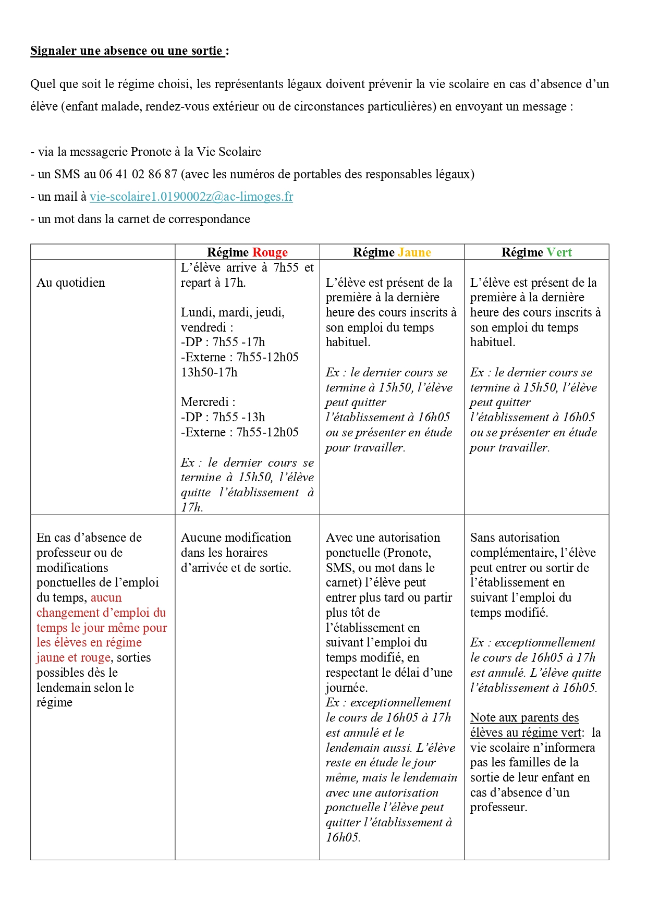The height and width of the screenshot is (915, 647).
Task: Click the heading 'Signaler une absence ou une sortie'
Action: coord(127,51)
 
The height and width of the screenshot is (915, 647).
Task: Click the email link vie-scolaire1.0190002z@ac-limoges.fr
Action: coord(191,197)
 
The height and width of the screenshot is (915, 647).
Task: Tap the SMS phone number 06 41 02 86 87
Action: coord(138,174)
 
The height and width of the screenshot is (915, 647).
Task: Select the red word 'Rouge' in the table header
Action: coord(270,252)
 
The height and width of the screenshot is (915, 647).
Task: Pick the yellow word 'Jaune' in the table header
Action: coord(414,252)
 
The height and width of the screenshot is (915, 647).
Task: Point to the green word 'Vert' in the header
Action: coord(559,252)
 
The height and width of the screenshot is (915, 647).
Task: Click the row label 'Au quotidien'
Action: coord(71,283)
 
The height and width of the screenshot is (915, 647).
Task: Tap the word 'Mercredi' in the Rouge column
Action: coord(205,402)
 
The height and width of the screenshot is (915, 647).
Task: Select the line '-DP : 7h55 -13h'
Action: coord(223,417)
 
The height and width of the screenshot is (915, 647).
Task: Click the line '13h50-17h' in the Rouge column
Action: coord(209,372)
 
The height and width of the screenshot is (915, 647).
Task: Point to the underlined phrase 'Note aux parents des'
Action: coord(524,717)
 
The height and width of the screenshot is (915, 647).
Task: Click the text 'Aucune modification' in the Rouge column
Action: coord(236,538)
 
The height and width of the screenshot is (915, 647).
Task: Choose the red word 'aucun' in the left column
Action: coord(106,597)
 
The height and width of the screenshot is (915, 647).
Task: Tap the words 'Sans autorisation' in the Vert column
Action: coord(515,538)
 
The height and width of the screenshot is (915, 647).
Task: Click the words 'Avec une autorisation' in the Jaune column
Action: coord(383,538)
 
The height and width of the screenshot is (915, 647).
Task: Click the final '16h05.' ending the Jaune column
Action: coord(343,837)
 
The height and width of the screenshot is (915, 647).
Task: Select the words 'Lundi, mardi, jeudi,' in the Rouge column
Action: coord(233,312)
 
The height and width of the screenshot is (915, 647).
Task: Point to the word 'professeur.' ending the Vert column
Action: coord(498,807)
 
